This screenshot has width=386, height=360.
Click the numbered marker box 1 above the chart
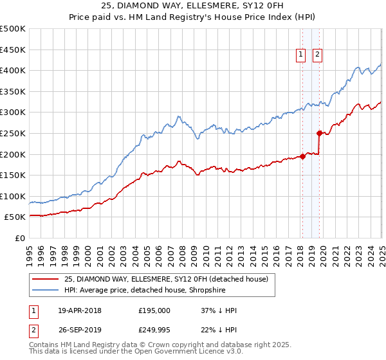[x=301, y=55]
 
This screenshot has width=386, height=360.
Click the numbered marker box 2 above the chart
[x=318, y=55]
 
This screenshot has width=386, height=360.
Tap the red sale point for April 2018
[x=302, y=156]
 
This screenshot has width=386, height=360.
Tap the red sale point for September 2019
[x=319, y=133]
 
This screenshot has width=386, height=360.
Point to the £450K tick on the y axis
[x=13, y=50]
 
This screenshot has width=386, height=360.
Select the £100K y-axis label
[x=13, y=196]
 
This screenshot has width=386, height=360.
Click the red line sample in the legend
[x=46, y=278]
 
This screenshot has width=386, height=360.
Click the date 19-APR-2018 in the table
[x=79, y=310]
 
